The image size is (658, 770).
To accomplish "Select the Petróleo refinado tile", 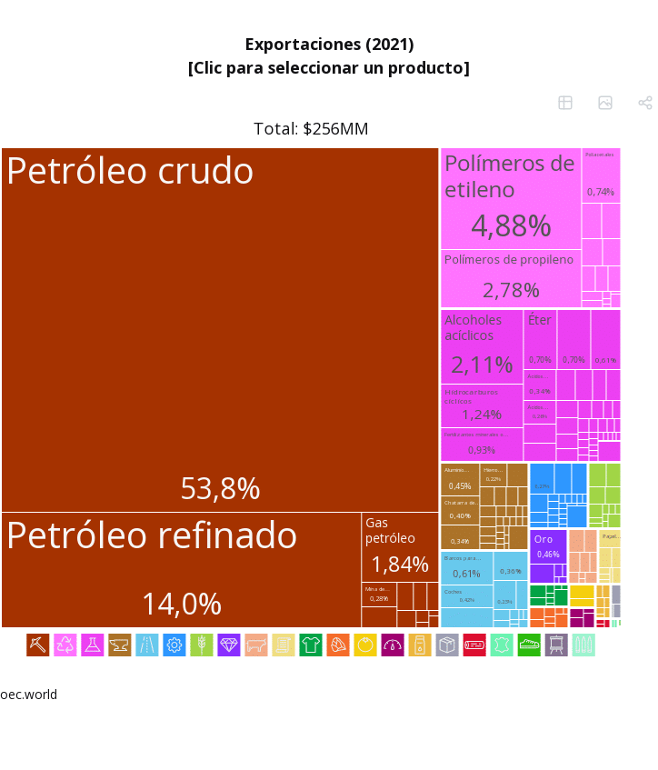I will pos(181,569).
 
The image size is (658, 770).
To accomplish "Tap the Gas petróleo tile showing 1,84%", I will pos(400,546).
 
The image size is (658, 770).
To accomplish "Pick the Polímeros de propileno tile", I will pos(510,278).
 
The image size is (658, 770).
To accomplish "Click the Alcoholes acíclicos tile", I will pos(482,346).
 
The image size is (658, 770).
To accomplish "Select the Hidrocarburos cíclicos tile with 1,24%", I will pos(482,405).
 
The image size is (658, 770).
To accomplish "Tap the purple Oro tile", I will pos(548,546).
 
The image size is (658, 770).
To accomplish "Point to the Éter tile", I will pos(540,338).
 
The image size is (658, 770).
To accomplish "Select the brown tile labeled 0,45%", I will pos(460,479).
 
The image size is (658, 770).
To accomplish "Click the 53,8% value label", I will pos(220,489).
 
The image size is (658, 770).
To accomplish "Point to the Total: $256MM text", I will pos(311,129).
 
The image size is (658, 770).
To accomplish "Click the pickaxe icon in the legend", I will pos(38,645).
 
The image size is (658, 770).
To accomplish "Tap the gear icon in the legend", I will pos(174,645).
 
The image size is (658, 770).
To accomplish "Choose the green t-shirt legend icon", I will pos(311,645).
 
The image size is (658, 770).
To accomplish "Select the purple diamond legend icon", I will pos(229,645).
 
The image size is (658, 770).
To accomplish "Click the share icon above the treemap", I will pos(645,103).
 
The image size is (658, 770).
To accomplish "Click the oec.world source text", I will pos(29,695).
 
